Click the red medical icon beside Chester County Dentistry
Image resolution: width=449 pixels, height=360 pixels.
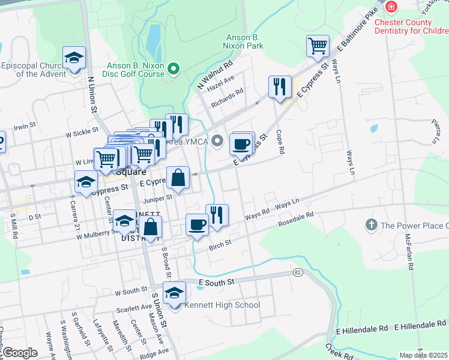point(392,7)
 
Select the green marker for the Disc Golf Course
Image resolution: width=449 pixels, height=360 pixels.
point(174,69)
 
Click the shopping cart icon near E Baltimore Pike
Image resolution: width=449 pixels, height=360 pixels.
point(318,46)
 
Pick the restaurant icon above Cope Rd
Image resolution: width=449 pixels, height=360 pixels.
point(280,87)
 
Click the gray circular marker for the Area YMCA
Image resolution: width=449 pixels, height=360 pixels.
point(218,142)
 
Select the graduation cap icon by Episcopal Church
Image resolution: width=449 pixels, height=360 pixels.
point(74,58)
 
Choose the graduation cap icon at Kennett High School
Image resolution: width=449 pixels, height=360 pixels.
point(174,293)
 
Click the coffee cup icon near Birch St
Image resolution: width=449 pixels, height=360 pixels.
point(197,225)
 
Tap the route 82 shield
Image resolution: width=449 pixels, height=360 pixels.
point(297,272)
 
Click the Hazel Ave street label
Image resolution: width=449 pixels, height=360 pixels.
point(220,83)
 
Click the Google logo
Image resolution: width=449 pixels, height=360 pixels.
point(20,353)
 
